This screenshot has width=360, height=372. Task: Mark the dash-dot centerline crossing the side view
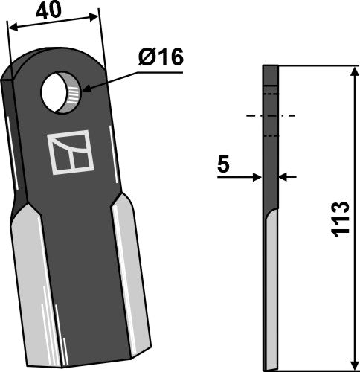[x=270, y=116]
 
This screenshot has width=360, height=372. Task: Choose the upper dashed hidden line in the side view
[x=271, y=95]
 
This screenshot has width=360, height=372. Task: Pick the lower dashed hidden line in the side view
[x=271, y=136]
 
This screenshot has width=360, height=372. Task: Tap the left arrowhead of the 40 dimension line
[x=11, y=27]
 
